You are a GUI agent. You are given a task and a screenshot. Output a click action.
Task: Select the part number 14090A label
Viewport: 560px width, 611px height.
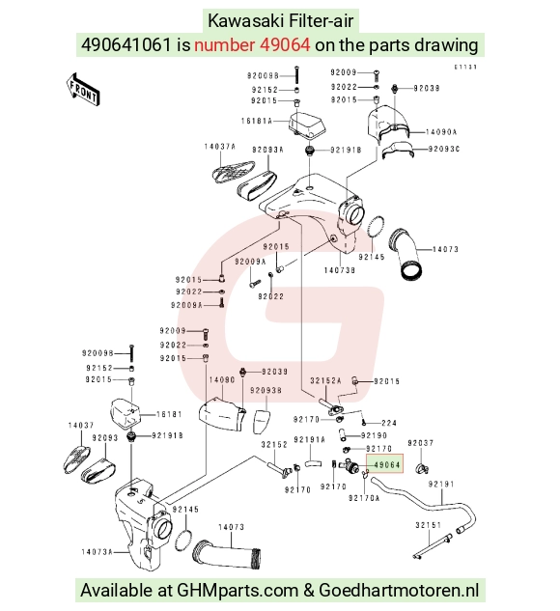pos(440,132)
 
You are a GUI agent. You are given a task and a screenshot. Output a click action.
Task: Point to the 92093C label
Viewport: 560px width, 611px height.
pos(444,150)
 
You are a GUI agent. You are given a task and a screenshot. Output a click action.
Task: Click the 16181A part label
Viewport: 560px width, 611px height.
pos(257,122)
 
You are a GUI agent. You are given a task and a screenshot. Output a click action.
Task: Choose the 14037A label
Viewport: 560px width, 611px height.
pos(220,147)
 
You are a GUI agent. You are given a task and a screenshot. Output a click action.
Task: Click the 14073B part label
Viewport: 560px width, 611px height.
pos(340,270)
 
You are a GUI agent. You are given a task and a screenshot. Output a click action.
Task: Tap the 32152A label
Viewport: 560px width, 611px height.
pos(325,380)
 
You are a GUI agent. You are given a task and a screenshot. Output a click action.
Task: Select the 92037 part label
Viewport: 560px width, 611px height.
pos(421,443)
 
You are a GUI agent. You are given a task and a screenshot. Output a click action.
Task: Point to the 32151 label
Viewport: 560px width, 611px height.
pos(429,525)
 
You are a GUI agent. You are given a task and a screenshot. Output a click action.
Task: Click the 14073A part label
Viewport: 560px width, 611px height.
pos(98,552)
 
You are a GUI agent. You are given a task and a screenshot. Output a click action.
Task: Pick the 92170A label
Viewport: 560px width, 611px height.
pos(364,498)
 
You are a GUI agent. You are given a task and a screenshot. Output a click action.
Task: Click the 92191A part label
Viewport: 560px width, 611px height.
pos(309,440)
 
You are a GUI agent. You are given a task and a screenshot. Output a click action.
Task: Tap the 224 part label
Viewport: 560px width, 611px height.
pos(389,423)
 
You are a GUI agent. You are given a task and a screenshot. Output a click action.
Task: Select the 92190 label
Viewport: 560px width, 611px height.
pos(374,435)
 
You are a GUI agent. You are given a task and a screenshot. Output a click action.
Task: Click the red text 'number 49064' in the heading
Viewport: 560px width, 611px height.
pos(252,45)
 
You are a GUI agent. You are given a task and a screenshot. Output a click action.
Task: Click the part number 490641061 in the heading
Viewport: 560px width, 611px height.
pos(126,45)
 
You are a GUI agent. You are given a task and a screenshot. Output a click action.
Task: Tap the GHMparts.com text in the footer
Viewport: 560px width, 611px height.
pos(238,591)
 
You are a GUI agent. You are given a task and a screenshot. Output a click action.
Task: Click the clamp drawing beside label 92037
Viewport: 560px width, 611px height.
pos(422,467)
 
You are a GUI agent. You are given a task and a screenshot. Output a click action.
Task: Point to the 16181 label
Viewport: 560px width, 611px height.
pos(169,414)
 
